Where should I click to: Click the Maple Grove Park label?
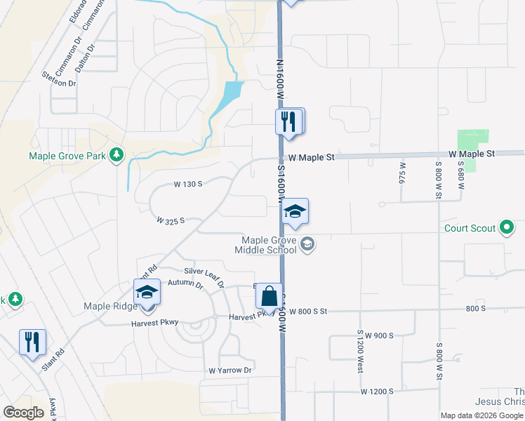coord(67,156)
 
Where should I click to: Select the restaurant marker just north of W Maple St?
coord(289,121)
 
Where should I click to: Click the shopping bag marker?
coord(270,296)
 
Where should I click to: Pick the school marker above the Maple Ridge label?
coord(147,292)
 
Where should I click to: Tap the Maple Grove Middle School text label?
coord(269,245)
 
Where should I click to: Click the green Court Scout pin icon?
coord(507,227)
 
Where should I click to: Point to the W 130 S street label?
coord(188,184)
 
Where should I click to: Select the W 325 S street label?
coord(170,220)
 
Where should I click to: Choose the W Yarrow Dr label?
coord(230,370)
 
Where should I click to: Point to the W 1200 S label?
coord(377,391)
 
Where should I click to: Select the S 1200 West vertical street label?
coord(359,351)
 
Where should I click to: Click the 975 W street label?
coord(403,173)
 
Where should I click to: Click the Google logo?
coord(23,413)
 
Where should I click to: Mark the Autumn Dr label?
coord(185,286)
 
